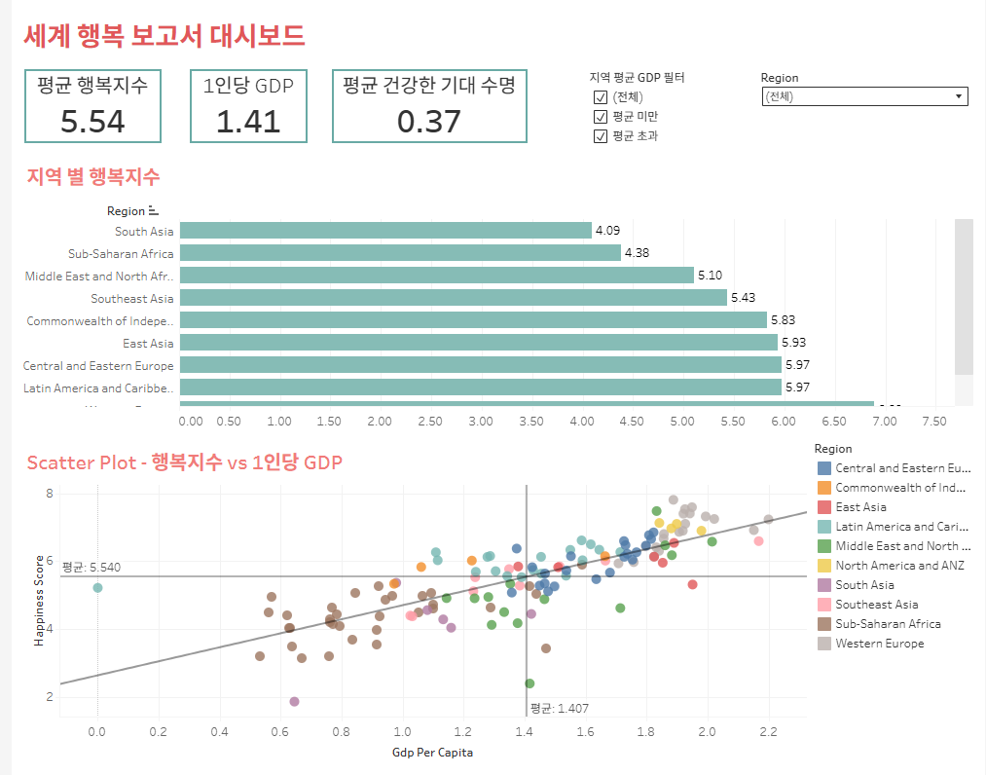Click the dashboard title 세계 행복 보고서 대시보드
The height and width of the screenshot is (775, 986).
coord(164,36)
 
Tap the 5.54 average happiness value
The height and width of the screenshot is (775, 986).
coord(92,121)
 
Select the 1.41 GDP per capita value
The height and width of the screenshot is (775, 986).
coord(248,121)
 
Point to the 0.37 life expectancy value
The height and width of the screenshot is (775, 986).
coord(429,121)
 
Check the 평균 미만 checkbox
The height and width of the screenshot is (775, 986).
coord(601,117)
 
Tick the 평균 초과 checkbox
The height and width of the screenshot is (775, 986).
coord(601,136)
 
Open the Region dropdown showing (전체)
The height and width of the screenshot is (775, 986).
coord(863,96)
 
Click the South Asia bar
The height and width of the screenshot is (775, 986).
coord(385,231)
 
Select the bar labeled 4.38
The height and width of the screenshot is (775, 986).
coord(400,253)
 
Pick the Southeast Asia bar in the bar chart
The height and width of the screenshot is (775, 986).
coord(453,298)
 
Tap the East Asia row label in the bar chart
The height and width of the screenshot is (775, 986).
coord(148,343)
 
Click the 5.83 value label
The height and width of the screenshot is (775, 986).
coord(783,320)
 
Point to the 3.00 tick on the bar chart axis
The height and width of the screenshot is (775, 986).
coord(481,422)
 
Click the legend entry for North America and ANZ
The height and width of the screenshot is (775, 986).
coord(899,566)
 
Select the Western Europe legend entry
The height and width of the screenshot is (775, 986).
coord(879,644)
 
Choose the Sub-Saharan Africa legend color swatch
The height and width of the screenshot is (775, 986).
coord(824,624)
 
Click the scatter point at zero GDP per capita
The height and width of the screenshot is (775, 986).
coord(97,587)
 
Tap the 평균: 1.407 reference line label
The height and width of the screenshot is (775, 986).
coord(559,709)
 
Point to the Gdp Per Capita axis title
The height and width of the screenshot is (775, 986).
coord(433,752)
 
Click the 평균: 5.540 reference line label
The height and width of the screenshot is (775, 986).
coord(91,567)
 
